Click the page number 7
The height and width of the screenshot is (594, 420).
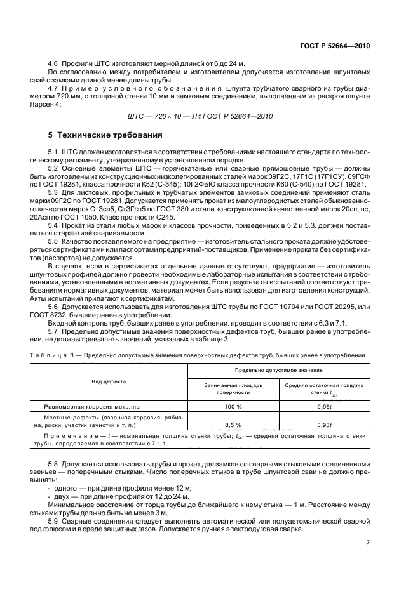[368, 542]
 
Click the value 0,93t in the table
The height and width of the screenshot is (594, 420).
[323, 425]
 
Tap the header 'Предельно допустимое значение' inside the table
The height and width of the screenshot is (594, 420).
[278, 369]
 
